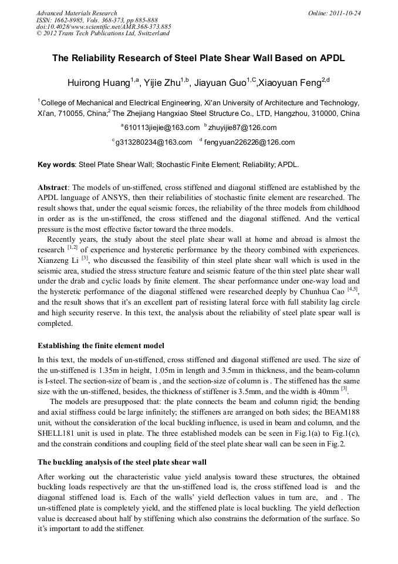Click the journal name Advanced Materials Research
77,13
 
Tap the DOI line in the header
103,26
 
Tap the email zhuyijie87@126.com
242,128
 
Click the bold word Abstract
53,187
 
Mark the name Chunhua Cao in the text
326,291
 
